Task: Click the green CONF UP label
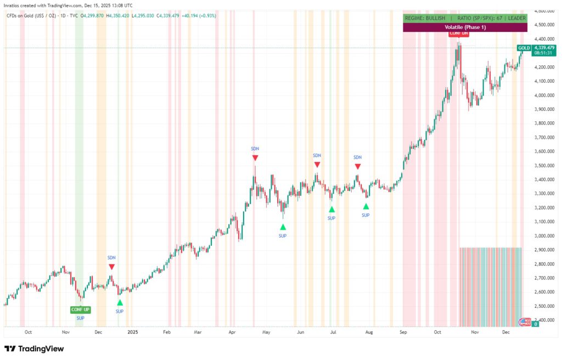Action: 80,310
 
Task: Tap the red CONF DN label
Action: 459,33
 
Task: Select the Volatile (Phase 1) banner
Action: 465,27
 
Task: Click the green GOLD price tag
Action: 524,48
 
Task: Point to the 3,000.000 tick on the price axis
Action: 543,236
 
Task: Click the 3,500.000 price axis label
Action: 543,166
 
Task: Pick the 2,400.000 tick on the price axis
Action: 543,320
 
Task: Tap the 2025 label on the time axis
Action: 132,332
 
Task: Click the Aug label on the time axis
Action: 369,332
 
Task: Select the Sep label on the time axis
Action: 403,332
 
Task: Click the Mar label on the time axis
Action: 198,332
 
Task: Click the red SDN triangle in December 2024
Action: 111,267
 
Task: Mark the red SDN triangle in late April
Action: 255,158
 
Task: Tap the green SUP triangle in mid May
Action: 283,227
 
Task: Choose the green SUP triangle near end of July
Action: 366,206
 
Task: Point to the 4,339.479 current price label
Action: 543,48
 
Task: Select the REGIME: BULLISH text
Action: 425,18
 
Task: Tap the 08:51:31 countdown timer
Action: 543,53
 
